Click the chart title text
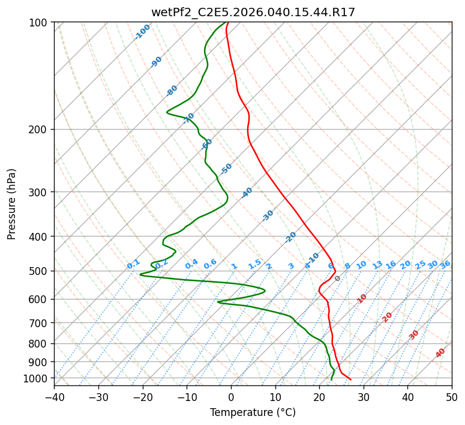(253, 12)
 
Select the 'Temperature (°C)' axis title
(253, 412)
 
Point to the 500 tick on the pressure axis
(40, 271)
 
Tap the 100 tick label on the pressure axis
(40, 23)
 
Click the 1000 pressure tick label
(38, 378)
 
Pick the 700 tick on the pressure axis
(40, 323)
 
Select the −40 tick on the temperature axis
(54, 397)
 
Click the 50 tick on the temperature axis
(452, 397)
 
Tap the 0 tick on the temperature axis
(231, 397)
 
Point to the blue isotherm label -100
(143, 32)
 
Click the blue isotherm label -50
(226, 169)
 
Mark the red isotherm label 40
(440, 353)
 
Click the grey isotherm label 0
(338, 279)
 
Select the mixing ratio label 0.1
(133, 264)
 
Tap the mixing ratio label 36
(445, 264)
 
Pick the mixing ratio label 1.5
(254, 264)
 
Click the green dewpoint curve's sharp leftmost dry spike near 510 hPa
(140, 274)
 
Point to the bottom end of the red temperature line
(351, 379)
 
